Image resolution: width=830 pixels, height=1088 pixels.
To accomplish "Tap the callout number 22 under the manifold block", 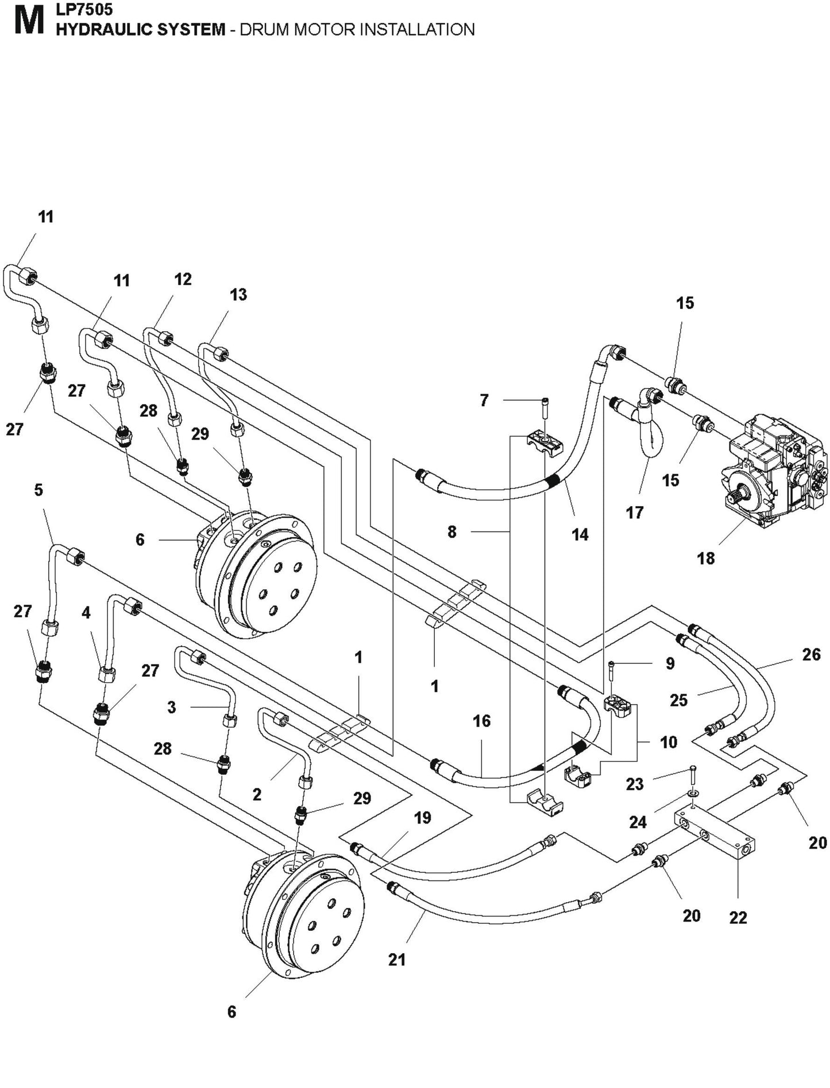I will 738,918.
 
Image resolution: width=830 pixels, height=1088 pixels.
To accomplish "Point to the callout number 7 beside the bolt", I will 484,400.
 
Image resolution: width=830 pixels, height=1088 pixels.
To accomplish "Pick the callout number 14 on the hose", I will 580,534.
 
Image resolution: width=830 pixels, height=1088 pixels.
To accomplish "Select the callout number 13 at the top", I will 238,294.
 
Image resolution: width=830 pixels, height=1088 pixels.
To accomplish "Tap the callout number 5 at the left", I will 38,490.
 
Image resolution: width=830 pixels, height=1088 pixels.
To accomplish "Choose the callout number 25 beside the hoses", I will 678,700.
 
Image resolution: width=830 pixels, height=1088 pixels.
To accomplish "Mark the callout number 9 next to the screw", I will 670,663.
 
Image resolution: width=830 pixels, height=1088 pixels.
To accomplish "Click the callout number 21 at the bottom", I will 397,959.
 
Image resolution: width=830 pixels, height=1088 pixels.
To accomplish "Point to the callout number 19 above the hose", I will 422,817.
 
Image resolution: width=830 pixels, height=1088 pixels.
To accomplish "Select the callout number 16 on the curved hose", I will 481,721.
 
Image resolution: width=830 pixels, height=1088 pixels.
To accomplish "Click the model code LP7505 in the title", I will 84,9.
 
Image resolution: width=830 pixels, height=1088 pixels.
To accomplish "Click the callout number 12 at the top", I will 183,279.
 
